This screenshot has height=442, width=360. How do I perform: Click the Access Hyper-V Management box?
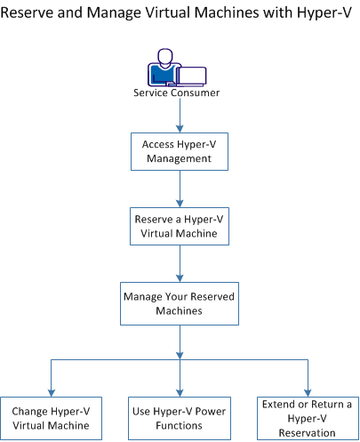point(180,151)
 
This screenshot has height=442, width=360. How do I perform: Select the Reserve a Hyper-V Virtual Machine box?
point(180,226)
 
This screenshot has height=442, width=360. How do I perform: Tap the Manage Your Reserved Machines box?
point(180,303)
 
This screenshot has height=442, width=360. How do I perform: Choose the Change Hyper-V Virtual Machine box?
point(51,418)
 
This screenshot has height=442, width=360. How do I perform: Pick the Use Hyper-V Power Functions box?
point(180,418)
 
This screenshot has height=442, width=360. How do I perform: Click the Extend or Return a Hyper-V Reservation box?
point(308,418)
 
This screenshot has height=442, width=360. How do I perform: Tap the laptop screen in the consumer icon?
point(192,76)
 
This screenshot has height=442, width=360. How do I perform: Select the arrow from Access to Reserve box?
point(180,189)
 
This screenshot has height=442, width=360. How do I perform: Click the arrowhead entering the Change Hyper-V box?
point(51,390)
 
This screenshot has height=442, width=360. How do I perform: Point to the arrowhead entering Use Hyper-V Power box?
point(180,390)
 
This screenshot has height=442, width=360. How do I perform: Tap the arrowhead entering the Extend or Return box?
point(308,390)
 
